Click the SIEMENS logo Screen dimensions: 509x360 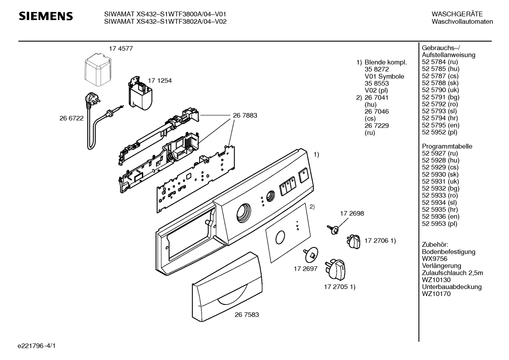(46, 16)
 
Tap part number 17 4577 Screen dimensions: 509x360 (121, 49)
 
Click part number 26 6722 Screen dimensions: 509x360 (72, 118)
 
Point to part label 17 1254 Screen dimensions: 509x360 (160, 81)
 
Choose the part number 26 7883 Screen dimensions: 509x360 (245, 116)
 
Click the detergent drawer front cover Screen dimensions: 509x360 (227, 287)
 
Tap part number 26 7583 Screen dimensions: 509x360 (247, 315)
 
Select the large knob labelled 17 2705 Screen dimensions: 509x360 (335, 270)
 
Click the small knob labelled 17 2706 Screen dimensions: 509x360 (353, 242)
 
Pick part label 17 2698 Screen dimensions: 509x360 (352, 213)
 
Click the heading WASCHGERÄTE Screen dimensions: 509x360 (457, 14)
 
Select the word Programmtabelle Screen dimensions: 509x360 (447, 146)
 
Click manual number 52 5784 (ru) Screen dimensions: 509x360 (440, 62)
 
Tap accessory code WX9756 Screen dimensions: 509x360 (435, 259)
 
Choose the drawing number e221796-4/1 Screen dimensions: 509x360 (37, 346)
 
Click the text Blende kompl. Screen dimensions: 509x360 (385, 62)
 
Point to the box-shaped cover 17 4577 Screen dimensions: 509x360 (98, 70)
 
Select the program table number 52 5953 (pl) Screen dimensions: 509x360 (439, 224)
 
